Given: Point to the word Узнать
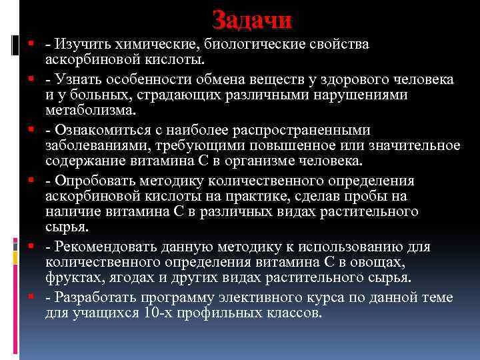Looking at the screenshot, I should pos(77,80).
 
